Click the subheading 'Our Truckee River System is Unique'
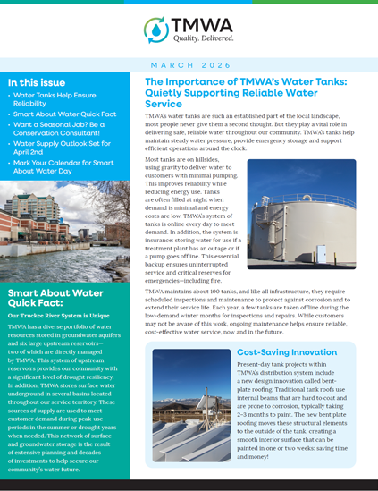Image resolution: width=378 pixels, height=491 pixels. tap(58, 316)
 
